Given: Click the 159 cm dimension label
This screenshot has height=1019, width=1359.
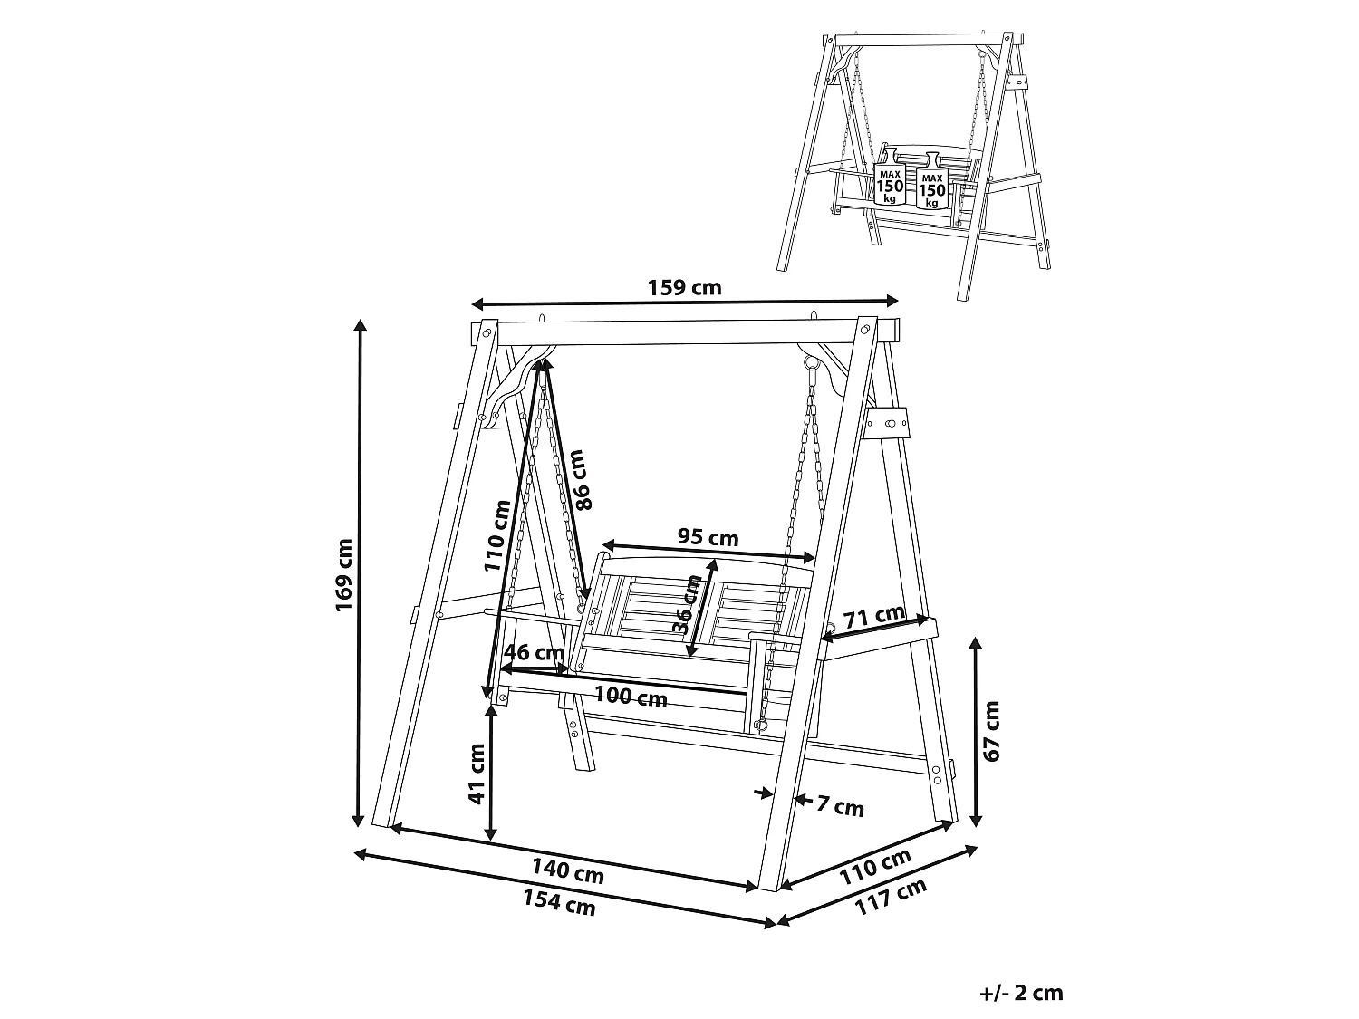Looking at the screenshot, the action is point(684,288).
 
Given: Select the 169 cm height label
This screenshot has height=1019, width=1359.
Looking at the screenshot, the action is point(343,575).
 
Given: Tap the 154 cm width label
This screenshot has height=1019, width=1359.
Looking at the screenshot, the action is point(559,903).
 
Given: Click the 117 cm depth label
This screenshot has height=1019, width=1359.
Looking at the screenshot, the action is point(891,897).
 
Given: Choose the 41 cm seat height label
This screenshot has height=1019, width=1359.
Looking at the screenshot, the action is point(477,774).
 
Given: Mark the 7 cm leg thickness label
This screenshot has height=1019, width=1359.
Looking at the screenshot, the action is point(840,806).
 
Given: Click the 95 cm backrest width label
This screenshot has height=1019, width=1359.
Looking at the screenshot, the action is point(708,536).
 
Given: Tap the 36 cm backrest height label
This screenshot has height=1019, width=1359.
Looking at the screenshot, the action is point(686,604).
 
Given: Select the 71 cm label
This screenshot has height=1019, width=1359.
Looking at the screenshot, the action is point(873,616).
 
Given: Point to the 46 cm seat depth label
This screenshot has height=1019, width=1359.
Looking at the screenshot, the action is point(534,652).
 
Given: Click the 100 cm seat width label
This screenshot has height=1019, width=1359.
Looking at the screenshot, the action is point(631,697).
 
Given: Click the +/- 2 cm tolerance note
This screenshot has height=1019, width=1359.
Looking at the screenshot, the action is point(1022,993).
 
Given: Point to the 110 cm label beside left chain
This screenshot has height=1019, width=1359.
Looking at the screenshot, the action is point(497,536).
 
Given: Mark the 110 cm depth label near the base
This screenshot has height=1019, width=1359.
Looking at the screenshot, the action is point(875,866).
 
